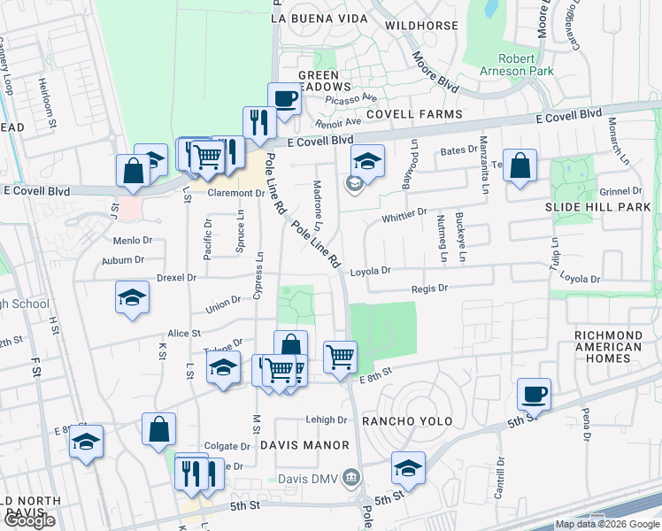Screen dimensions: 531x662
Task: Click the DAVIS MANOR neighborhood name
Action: point(305,445)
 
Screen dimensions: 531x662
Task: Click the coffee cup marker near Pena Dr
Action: point(534,394)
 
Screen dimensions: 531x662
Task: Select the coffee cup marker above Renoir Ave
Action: point(284,98)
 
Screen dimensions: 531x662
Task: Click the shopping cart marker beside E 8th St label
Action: point(340,358)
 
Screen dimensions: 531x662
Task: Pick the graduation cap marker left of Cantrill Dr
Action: point(408,468)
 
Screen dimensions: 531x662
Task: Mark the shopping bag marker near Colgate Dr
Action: point(158,429)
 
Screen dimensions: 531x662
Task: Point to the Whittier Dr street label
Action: point(405,212)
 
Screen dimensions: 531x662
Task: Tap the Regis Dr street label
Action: point(430,289)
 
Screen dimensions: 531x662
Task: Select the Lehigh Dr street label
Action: point(328,420)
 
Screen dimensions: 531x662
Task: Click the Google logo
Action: point(29,520)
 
